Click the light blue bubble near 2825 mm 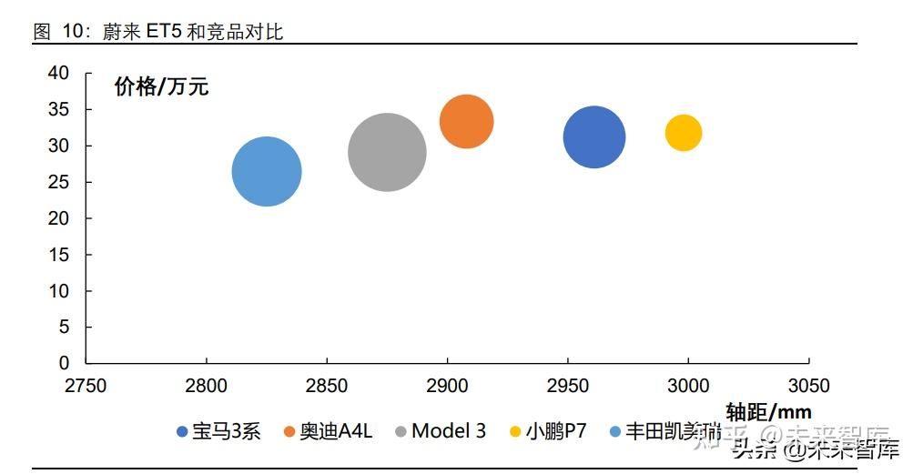pos(267,171)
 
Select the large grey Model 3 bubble pos(387,152)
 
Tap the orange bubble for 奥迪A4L pos(466,121)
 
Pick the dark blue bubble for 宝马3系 pos(594,137)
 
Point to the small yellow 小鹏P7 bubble pos(684,133)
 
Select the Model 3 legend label pos(449,430)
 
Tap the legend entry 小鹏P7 pos(555,431)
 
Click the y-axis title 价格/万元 pos(161,86)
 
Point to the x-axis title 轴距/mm pos(768,411)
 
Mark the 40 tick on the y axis pos(58,74)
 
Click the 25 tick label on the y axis pos(58,182)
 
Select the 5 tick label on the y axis pos(64,327)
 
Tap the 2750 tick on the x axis pos(86,386)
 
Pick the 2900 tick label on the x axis pos(447,386)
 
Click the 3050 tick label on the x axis pos(808,386)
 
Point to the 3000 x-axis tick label pos(688,386)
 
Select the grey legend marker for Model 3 pos(401,431)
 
